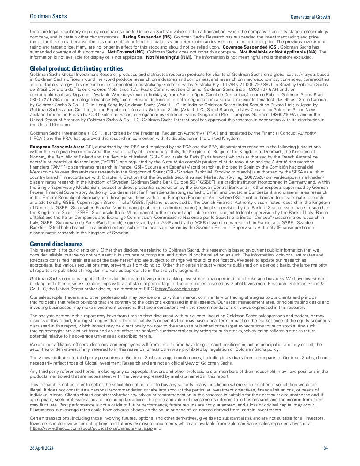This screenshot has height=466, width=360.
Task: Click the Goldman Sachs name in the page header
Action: click(x=49, y=16)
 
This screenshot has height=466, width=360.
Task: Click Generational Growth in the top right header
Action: click(x=310, y=17)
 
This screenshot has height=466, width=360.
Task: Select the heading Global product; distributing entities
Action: click(x=76, y=68)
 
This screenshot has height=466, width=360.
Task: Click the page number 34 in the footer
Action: click(x=325, y=448)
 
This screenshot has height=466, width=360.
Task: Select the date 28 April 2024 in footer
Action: click(x=43, y=448)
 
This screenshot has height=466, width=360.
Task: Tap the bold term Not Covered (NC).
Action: click(x=127, y=51)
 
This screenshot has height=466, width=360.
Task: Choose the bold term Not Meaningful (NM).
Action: click(x=169, y=57)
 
